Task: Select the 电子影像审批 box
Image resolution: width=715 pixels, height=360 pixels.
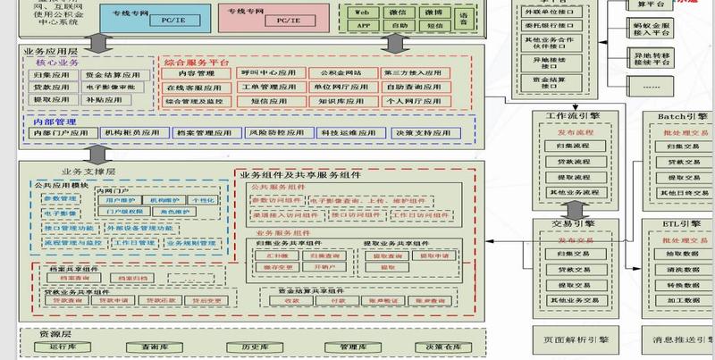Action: tap(112, 88)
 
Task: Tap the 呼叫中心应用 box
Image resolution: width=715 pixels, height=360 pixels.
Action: tap(267, 73)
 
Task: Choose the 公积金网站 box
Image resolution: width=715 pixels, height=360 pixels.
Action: tap(336, 73)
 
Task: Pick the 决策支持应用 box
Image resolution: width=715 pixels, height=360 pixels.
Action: tap(425, 132)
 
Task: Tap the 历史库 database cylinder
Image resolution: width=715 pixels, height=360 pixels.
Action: tap(242, 346)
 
